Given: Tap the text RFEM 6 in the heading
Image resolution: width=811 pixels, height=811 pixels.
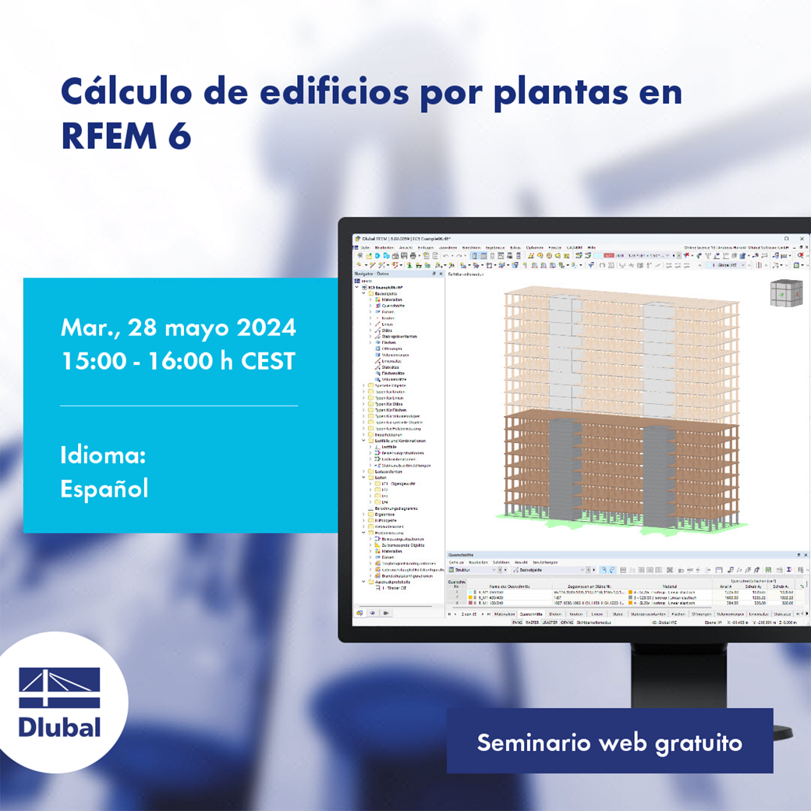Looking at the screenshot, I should [126, 136].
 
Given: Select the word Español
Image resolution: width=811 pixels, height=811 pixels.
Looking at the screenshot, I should [104, 488].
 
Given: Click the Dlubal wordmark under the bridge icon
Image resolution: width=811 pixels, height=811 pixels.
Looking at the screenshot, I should [60, 727].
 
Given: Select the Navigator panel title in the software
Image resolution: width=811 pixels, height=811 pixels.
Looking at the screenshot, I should [371, 274].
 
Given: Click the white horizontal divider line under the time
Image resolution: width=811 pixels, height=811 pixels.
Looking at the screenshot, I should [179, 405].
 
